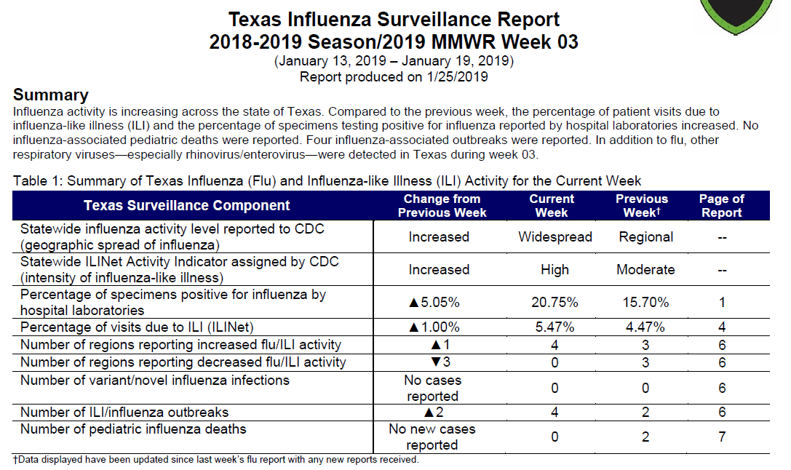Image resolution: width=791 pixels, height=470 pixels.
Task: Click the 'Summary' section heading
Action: pos(50,95)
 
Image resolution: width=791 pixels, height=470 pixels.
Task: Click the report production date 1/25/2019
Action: pos(457,77)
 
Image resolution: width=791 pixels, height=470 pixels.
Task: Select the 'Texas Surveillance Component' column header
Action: pos(186,206)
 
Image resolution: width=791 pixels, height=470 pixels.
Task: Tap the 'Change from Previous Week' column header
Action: pos(442,206)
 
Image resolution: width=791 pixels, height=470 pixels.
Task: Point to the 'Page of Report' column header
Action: pos(721,206)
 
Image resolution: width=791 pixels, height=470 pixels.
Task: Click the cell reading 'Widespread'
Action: pos(555,237)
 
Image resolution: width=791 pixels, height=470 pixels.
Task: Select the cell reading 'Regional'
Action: pos(645,237)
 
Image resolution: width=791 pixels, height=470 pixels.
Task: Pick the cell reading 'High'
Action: pos(555,270)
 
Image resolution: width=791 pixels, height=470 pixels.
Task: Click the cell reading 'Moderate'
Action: pos(645,270)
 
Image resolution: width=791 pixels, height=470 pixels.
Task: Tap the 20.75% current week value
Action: pos(555,303)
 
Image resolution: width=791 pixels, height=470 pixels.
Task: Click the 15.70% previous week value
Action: pos(645,303)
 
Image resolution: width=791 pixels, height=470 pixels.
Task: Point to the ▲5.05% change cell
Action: pos(434,303)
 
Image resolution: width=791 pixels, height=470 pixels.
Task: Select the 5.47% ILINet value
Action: pos(555,327)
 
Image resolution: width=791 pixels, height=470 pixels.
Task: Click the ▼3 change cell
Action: pos(440,362)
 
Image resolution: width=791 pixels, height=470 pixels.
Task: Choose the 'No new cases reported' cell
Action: pos(432,437)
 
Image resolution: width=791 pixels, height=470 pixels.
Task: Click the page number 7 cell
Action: pos(722,437)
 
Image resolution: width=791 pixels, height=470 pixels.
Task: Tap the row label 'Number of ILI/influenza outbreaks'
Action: pos(124,413)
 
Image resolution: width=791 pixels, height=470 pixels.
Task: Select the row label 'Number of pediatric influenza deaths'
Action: pos(133,429)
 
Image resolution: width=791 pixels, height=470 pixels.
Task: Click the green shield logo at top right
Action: pos(736,16)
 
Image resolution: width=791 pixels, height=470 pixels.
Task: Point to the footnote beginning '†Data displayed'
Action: pos(216,460)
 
